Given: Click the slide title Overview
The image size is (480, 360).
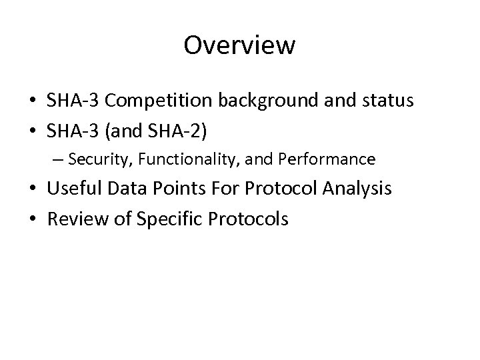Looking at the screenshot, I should pyautogui.click(x=239, y=45).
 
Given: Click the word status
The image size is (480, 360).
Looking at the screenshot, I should pyautogui.click(x=387, y=102).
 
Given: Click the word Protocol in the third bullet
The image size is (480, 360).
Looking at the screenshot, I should pyautogui.click(x=279, y=189).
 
